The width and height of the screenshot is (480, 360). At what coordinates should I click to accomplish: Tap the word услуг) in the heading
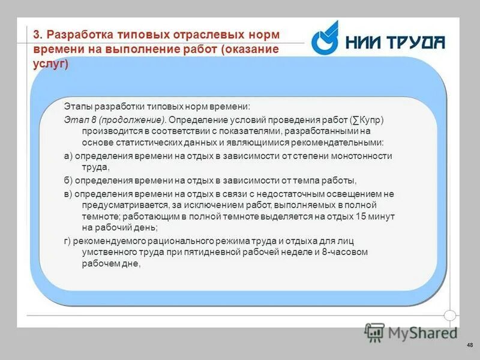point(50,63)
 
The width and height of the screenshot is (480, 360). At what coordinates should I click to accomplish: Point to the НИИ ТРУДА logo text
point(395,42)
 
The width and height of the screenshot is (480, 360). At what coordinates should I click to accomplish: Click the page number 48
point(469,344)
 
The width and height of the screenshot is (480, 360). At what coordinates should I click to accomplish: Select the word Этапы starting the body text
point(76,106)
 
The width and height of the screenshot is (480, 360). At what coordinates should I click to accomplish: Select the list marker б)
point(68,180)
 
